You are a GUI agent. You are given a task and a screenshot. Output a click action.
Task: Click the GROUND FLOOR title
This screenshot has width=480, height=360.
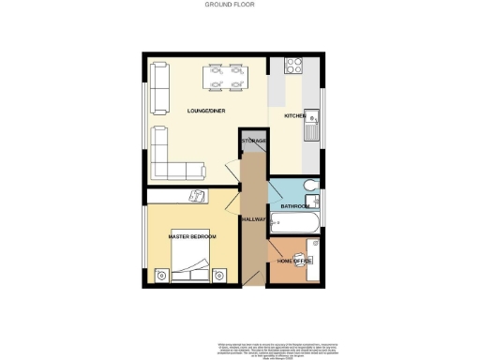(230, 5)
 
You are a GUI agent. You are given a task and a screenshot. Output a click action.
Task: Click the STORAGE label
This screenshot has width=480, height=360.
(254, 141)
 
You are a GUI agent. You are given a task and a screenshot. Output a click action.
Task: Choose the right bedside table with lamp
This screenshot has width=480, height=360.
(221, 275)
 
